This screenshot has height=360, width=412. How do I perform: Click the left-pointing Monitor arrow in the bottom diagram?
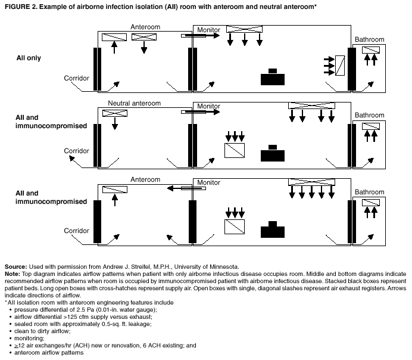185,188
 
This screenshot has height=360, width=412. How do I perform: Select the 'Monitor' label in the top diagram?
208,29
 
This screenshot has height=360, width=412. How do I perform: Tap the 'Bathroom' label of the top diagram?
369,39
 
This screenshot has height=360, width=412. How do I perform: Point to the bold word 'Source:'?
15,266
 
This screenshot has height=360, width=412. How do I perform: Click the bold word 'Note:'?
13,273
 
